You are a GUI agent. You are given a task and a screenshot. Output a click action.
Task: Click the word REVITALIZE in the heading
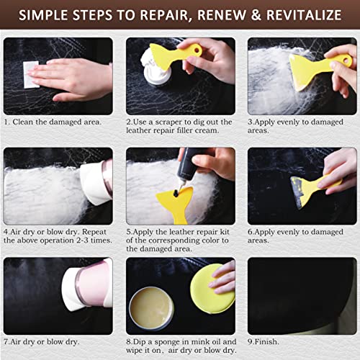coord(304,15)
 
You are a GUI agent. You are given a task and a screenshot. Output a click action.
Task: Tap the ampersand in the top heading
coord(256,15)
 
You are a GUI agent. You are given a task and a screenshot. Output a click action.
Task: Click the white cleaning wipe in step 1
coord(31,75)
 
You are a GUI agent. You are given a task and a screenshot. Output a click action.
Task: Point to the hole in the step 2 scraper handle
coord(197,50)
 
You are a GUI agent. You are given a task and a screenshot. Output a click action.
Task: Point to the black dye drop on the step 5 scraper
coord(176,193)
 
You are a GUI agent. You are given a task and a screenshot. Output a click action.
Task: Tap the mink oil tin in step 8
coord(151,308)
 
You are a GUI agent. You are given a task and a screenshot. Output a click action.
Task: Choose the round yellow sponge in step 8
coord(212,289)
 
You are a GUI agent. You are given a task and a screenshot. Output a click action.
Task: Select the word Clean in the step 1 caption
coord(23,122)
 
